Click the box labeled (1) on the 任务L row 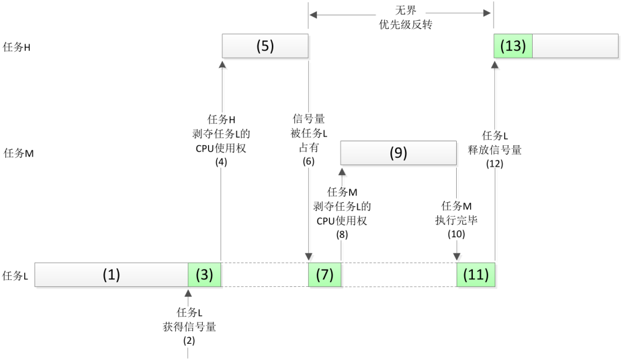[111, 275]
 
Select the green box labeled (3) [204, 275]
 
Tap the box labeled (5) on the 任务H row [265, 46]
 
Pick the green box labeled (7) [324, 275]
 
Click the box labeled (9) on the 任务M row [399, 153]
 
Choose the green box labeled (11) [475, 275]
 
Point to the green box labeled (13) [513, 46]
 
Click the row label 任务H [17, 47]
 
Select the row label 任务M [18, 153]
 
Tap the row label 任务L [16, 275]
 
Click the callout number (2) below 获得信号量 [189, 340]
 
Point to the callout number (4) [221, 162]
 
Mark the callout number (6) [309, 162]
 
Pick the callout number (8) [341, 234]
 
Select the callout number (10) [456, 234]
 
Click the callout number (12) [494, 163]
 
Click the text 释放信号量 [494, 150]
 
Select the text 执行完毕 [456, 220]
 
